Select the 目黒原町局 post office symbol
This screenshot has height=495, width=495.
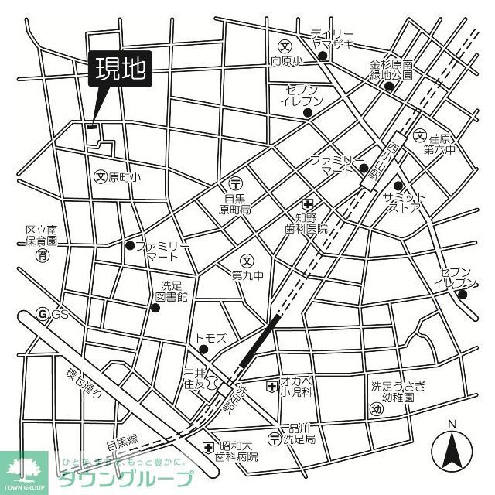(x=236, y=182)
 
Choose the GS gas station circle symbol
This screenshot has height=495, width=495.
(x=43, y=314)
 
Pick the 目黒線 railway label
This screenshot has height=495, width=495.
(x=122, y=442)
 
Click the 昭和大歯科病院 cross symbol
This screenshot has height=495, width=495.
(x=207, y=447)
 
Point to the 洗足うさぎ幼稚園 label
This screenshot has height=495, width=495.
(x=393, y=391)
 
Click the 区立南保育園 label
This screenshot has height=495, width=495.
(x=42, y=236)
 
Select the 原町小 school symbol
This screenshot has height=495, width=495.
(x=99, y=176)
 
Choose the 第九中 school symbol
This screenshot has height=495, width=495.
(x=247, y=260)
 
